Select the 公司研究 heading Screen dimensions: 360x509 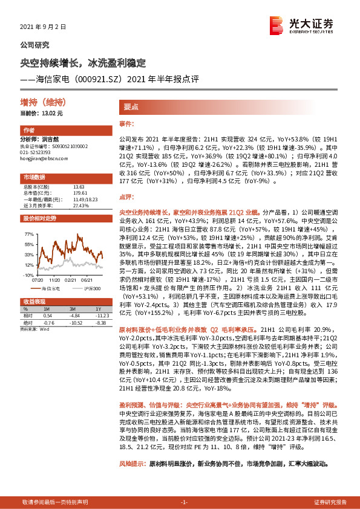tap(35, 45)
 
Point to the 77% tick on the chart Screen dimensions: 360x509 tap(29, 233)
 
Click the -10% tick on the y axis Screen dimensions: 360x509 tap(28, 274)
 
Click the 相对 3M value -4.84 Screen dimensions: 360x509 tap(74, 316)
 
